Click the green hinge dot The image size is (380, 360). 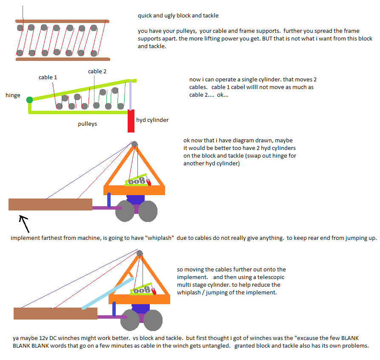[x=29, y=100]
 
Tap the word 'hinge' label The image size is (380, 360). [x=13, y=95]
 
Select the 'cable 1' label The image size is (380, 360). [x=48, y=78]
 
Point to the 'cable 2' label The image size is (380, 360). [x=97, y=72]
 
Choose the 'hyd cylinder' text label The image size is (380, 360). [x=152, y=120]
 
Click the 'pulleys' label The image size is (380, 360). [x=87, y=124]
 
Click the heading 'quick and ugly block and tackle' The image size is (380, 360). [x=178, y=16]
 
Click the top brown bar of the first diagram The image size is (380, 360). [x=62, y=21]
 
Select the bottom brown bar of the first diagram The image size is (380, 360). [x=62, y=59]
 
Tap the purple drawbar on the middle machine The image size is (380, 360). [x=106, y=208]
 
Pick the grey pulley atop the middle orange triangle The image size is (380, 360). [x=134, y=144]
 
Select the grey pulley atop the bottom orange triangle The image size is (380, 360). [x=139, y=253]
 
